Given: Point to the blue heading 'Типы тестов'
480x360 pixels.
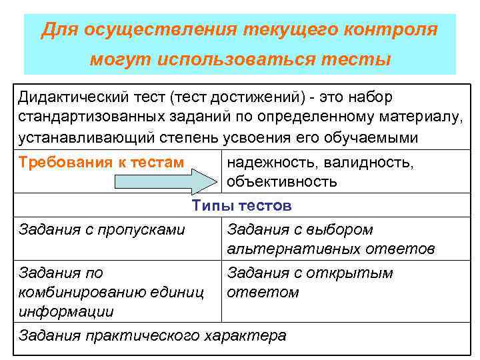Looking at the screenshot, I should click(x=241, y=206).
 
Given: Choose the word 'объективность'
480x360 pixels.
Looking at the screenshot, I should click(x=282, y=181).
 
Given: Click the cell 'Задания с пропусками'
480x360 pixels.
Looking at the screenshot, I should click(x=102, y=230).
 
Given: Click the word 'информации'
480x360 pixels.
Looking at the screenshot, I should click(x=66, y=311).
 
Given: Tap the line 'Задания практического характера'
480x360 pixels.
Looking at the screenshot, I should click(x=153, y=335).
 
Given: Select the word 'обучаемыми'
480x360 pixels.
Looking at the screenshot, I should click(x=379, y=138).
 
